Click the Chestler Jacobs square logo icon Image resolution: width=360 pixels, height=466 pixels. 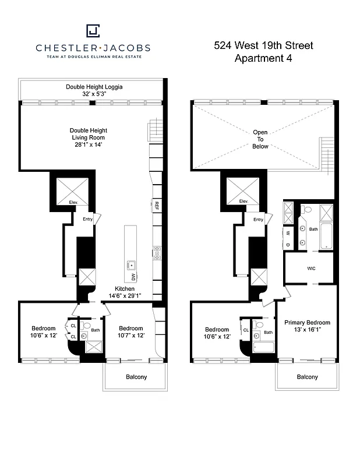(93, 30)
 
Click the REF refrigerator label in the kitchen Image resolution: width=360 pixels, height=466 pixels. (157, 205)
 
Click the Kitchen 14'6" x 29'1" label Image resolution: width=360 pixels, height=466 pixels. (124, 292)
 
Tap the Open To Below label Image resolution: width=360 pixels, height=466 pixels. (260, 139)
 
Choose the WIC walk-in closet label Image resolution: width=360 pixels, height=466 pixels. (311, 269)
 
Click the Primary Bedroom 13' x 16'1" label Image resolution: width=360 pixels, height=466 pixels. (307, 326)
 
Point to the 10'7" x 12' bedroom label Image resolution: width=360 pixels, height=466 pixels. (130, 331)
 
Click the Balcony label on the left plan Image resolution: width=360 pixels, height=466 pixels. (136, 377)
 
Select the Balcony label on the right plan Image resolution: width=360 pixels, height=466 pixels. (307, 377)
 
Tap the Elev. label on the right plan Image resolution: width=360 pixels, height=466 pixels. (243, 201)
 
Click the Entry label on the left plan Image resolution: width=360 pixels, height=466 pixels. (87, 219)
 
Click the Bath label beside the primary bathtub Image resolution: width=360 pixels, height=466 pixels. (313, 229)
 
